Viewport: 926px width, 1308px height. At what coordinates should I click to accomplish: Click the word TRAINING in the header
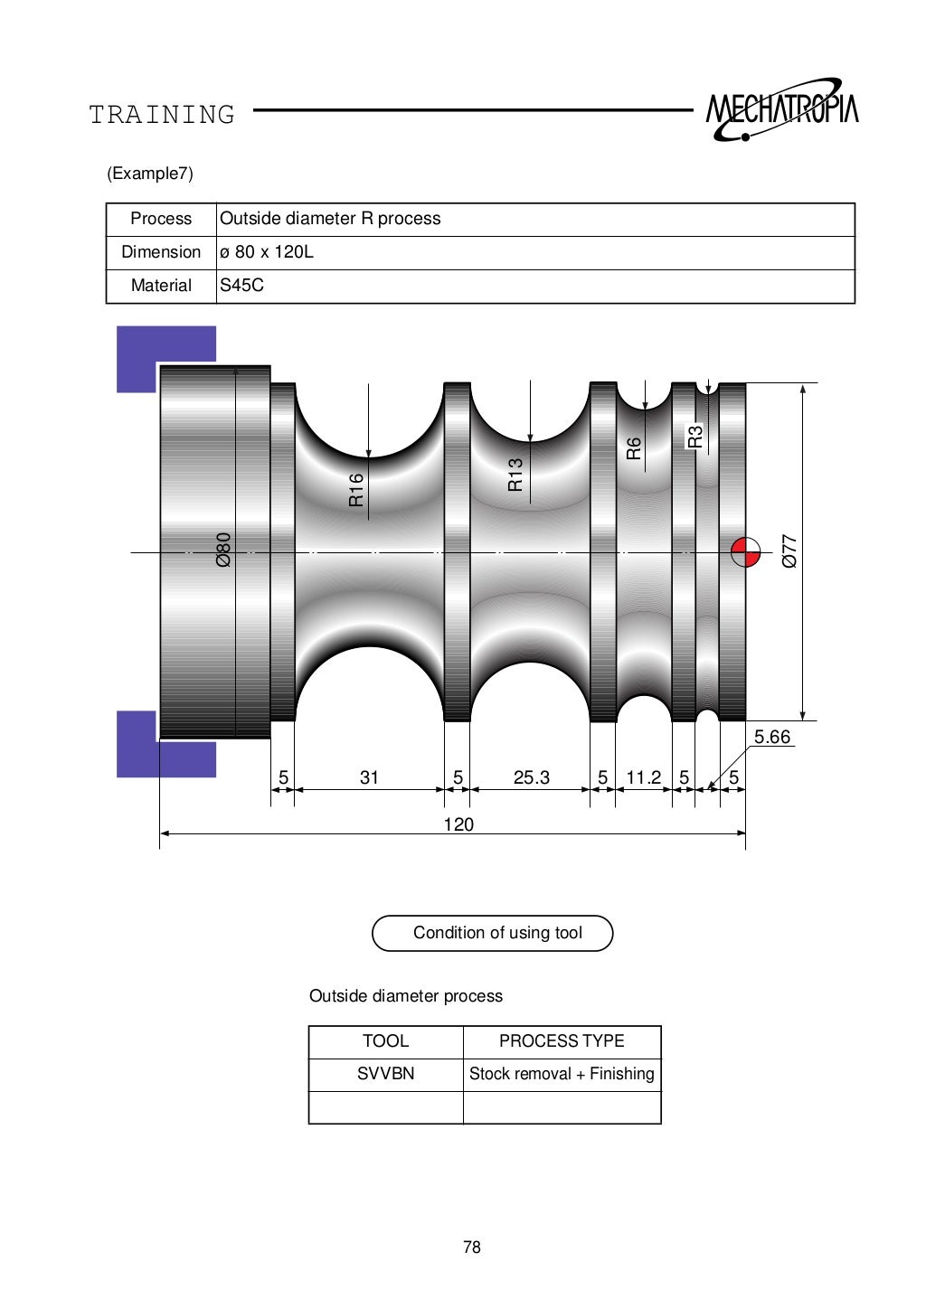click(162, 115)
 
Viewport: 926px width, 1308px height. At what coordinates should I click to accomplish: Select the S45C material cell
click(242, 286)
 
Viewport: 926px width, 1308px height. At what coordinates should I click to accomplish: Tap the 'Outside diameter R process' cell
click(330, 219)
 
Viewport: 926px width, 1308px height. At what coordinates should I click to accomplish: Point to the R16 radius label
click(356, 489)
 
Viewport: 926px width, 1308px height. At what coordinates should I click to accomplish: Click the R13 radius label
click(515, 475)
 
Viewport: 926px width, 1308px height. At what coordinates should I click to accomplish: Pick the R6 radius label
click(634, 448)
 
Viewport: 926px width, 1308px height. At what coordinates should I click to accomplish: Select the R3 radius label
click(694, 437)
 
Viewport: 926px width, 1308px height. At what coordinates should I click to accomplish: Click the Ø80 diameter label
click(223, 550)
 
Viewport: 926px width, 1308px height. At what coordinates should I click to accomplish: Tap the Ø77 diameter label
click(789, 550)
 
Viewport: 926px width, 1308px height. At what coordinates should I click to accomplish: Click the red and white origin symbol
click(745, 551)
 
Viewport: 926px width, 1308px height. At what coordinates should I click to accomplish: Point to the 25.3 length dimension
click(531, 777)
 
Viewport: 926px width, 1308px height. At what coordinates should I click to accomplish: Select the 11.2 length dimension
click(643, 777)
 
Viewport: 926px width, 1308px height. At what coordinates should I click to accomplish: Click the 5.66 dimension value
click(771, 737)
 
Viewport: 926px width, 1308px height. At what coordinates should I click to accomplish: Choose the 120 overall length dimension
click(458, 824)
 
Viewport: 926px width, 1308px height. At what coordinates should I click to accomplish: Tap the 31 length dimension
click(369, 777)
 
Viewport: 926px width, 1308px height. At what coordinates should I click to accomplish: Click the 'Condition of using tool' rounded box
click(493, 933)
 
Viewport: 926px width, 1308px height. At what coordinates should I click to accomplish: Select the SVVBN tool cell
click(386, 1074)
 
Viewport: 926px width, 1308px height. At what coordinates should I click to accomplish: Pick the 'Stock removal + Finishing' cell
click(562, 1074)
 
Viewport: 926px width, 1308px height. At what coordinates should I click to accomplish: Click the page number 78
click(471, 1247)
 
